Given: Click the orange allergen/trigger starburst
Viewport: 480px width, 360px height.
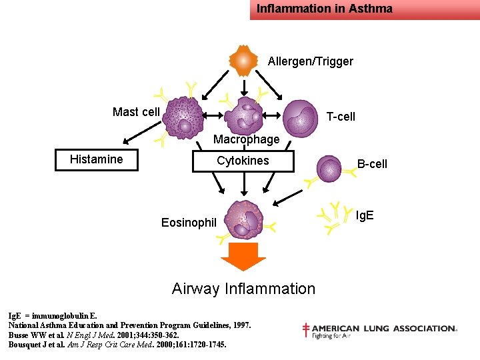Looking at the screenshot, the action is [x=243, y=61].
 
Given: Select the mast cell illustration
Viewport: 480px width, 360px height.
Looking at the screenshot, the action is [x=183, y=118].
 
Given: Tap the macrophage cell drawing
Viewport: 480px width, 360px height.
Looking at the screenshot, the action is [x=244, y=116].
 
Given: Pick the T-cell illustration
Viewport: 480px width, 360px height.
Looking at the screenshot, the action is [x=300, y=118].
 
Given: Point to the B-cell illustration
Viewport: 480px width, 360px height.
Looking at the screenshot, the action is [x=329, y=169].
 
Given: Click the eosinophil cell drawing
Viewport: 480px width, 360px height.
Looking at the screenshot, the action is [x=244, y=219].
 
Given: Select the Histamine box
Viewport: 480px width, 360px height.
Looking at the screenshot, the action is [x=97, y=160].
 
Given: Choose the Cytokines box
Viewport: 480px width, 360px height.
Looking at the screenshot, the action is [x=243, y=161].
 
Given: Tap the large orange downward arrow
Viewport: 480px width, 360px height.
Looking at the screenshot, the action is [x=243, y=257].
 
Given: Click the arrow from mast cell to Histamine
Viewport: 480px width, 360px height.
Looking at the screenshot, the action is [x=142, y=133].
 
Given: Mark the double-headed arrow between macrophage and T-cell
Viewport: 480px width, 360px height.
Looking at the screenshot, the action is [x=271, y=115].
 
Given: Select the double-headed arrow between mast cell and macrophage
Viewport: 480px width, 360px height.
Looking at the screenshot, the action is [x=213, y=115].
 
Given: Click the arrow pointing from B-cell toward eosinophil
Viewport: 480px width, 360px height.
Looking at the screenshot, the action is [x=287, y=198].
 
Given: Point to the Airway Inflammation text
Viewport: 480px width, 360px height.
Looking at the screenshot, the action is [x=244, y=289].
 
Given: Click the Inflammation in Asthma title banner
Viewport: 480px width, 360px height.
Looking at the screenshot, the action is [x=365, y=10].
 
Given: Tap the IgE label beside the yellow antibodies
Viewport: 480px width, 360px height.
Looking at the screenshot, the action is [x=365, y=215].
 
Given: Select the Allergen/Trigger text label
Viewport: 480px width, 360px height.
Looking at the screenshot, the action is [x=311, y=61].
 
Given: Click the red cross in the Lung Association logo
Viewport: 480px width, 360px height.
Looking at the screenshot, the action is [x=305, y=330].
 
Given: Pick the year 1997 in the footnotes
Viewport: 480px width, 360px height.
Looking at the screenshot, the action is [x=242, y=325].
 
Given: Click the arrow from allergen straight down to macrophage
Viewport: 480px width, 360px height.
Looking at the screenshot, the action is [x=244, y=88].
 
